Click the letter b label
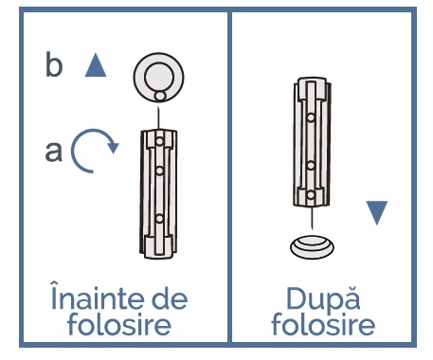pos(54,64)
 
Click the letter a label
pos(54,152)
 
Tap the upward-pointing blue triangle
pos(96,65)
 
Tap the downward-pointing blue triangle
pos(377,212)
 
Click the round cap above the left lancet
pos(158,78)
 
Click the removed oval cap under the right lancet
pos(312,247)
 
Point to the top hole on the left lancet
pos(159,141)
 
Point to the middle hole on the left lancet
pos(159,171)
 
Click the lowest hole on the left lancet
pos(159,218)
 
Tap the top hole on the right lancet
pos(311,117)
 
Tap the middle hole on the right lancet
pos(311,165)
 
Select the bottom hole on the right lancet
pos(311,195)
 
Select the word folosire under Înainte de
pos(119,323)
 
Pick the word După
pos(323,298)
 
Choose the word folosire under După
pos(323,323)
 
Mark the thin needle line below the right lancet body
pos(313,219)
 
